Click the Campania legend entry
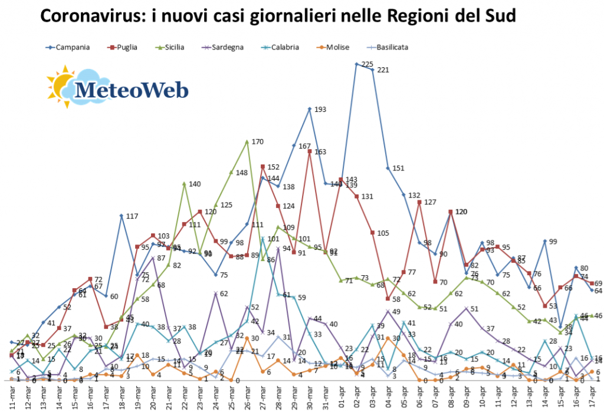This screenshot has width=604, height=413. (x=68, y=47)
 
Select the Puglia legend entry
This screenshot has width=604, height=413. (x=126, y=47)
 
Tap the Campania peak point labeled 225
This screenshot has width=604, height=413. (x=356, y=64)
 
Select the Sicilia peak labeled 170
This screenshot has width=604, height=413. (x=247, y=141)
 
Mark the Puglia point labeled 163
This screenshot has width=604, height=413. (x=309, y=151)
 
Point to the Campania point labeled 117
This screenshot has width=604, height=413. (x=121, y=216)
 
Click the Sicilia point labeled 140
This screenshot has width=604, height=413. (x=184, y=184)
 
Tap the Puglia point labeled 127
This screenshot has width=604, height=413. (x=419, y=202)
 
